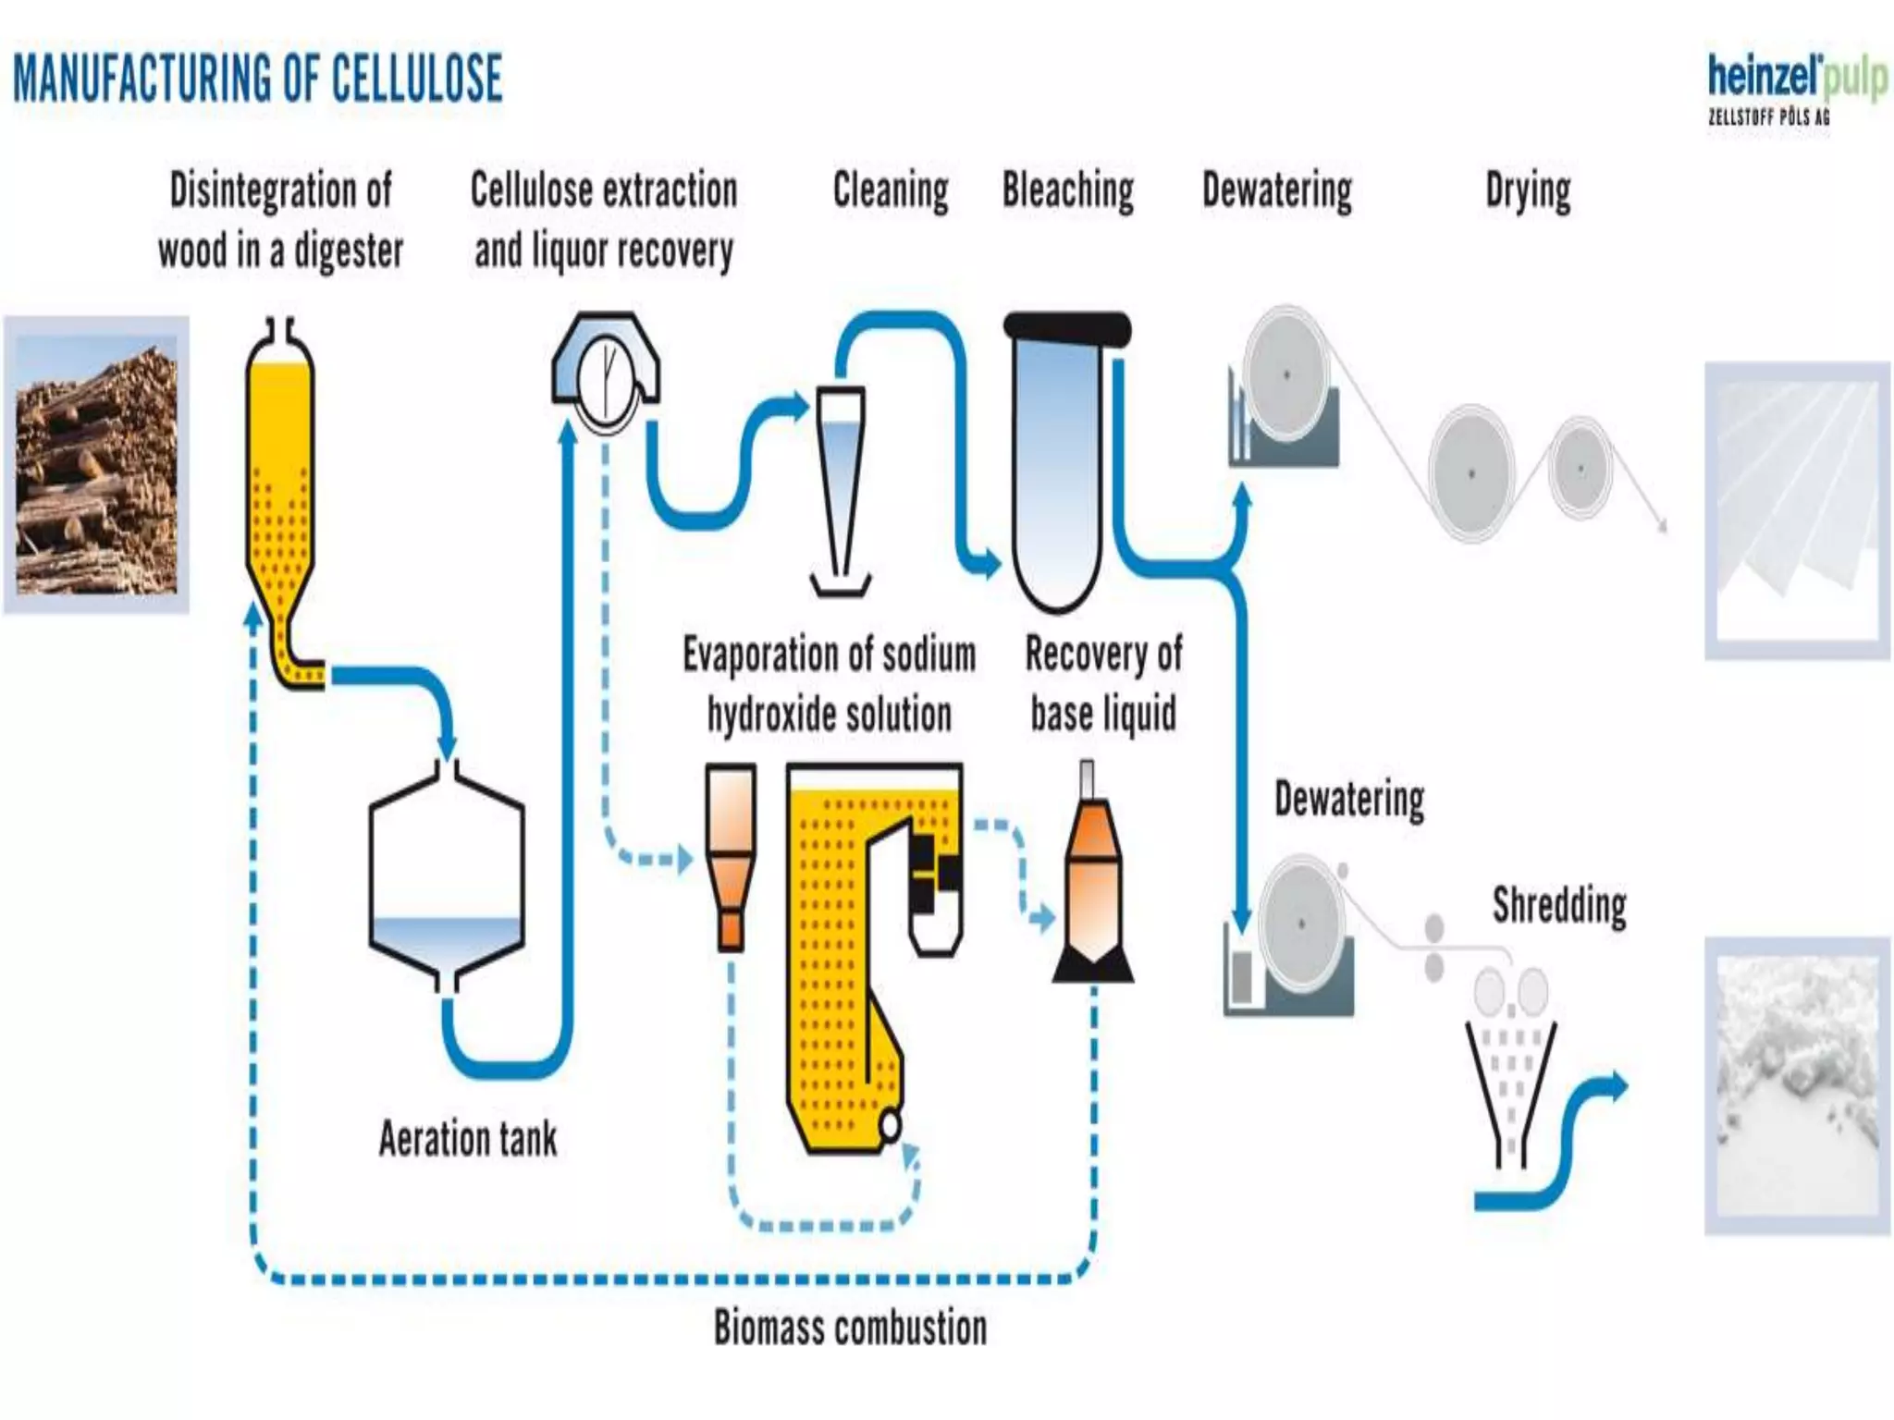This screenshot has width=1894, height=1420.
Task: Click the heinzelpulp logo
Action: [1794, 91]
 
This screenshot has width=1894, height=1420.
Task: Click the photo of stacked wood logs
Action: [96, 464]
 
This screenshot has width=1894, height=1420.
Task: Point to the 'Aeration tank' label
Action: [468, 1139]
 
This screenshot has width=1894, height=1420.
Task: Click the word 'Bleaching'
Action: [1068, 191]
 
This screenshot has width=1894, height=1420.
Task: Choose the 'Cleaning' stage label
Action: [891, 191]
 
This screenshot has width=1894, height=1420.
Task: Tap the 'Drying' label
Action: [1528, 191]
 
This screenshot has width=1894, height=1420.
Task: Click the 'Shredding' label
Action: [1559, 905]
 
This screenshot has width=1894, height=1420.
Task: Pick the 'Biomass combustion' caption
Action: [850, 1328]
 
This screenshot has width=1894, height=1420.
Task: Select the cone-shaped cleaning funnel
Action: [841, 481]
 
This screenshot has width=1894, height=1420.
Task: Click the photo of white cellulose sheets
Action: [1797, 510]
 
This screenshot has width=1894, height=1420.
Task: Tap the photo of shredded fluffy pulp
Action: [1797, 1085]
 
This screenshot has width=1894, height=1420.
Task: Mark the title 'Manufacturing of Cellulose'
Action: [258, 78]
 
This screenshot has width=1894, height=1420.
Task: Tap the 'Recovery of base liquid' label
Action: [1103, 683]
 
